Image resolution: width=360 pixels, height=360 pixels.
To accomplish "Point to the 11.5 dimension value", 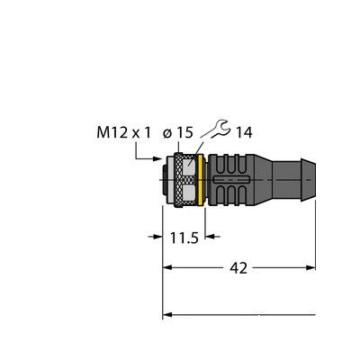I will coord(184,239).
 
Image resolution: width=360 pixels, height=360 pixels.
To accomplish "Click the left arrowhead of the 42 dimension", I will coord(167,268).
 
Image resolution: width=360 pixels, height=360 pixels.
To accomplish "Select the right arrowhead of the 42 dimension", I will coord(311,268).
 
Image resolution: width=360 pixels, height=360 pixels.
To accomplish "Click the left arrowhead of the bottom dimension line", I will coord(167,315).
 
